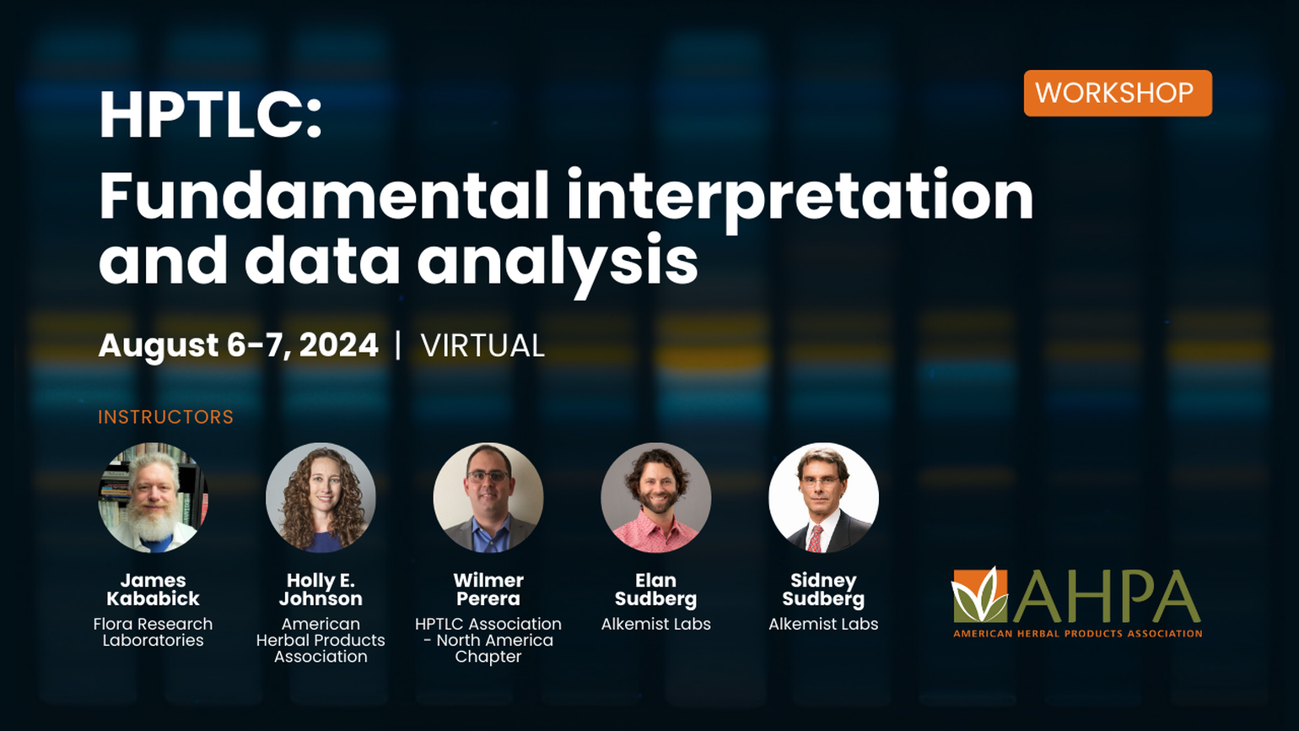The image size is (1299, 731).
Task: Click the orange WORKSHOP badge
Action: point(1117,93)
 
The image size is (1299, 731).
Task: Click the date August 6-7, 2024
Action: point(238,345)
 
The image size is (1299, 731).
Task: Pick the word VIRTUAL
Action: point(482,346)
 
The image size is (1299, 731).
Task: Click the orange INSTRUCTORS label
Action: point(165,417)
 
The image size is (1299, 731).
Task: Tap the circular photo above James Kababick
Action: point(153,498)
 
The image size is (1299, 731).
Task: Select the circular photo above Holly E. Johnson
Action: point(321,498)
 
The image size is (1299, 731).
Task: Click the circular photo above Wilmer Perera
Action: point(488,498)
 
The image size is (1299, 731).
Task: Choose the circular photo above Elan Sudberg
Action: point(655,498)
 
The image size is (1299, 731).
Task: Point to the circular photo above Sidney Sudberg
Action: point(823,498)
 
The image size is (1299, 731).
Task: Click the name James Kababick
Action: point(153,589)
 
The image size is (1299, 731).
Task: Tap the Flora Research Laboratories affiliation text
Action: point(153,632)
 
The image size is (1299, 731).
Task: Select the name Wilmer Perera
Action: point(488,589)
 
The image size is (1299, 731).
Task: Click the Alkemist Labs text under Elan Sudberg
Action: point(655,625)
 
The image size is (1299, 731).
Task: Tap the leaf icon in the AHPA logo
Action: point(980,595)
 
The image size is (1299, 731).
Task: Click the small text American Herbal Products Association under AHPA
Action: point(1077,633)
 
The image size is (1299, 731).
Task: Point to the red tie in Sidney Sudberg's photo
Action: point(815,539)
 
